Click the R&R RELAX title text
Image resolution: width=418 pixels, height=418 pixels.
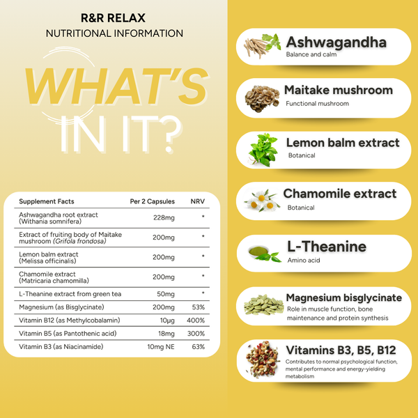coord(114,14)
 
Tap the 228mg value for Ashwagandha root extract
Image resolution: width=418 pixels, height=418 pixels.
coord(164,217)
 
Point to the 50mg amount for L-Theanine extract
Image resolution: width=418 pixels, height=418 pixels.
coord(165,294)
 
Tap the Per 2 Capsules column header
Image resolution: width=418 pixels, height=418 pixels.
coord(153,201)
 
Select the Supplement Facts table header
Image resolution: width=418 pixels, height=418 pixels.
coord(47,201)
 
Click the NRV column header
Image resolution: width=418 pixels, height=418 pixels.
coord(197,201)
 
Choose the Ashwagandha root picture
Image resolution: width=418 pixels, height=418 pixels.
coord(262,47)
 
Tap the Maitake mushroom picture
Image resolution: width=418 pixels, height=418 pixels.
coord(262,97)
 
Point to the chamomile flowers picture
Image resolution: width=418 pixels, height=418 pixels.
coord(263,201)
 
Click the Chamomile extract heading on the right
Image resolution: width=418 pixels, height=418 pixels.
coord(340,194)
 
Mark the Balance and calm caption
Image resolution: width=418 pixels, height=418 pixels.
coord(311,54)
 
